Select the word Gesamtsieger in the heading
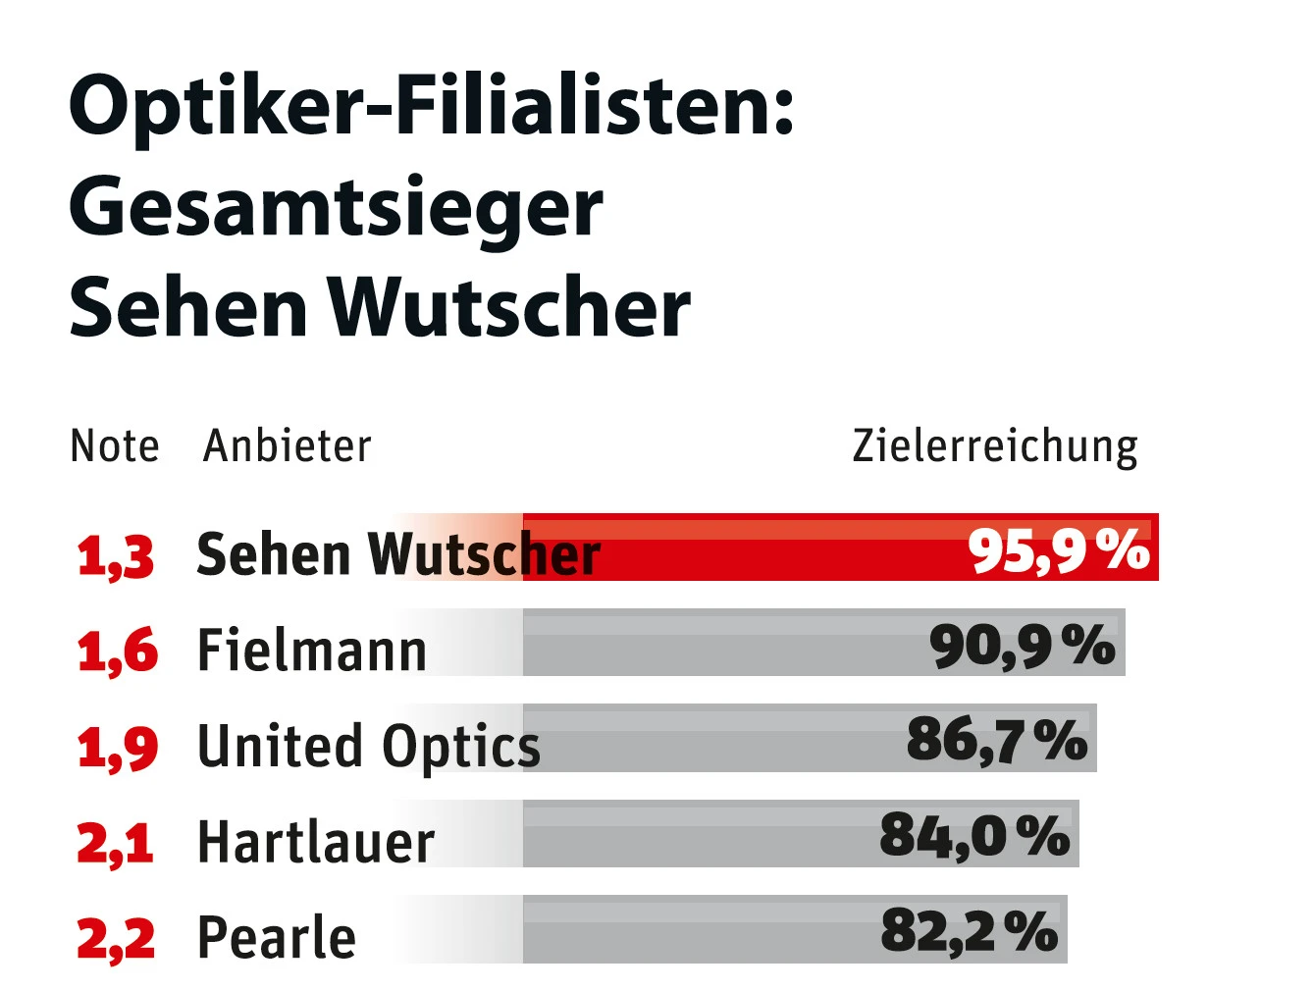click(x=336, y=209)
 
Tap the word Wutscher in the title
click(x=508, y=308)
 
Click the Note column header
click(x=115, y=446)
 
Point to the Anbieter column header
click(x=288, y=446)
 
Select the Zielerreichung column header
click(x=995, y=446)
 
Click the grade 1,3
click(x=116, y=555)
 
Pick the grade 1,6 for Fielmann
click(x=117, y=651)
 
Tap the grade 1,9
click(x=117, y=747)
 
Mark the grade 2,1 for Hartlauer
click(x=116, y=843)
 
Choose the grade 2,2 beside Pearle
click(x=116, y=938)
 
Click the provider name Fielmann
click(x=312, y=651)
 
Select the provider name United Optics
click(x=369, y=747)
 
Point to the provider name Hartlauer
click(x=316, y=843)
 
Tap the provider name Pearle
click(x=277, y=938)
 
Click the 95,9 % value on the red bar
click(x=1058, y=549)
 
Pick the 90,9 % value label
click(x=1023, y=646)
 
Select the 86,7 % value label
click(x=997, y=740)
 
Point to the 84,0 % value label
click(x=974, y=836)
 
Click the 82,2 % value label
click(x=970, y=931)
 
